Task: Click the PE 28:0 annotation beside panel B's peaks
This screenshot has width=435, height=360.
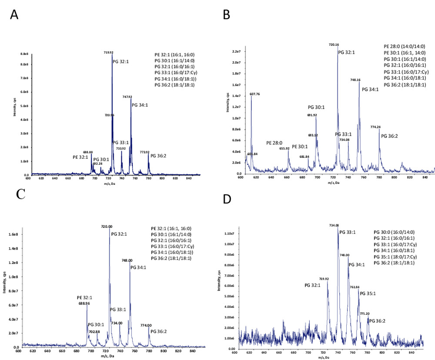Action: (274, 143)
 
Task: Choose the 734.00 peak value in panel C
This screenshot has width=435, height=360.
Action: (117, 323)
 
